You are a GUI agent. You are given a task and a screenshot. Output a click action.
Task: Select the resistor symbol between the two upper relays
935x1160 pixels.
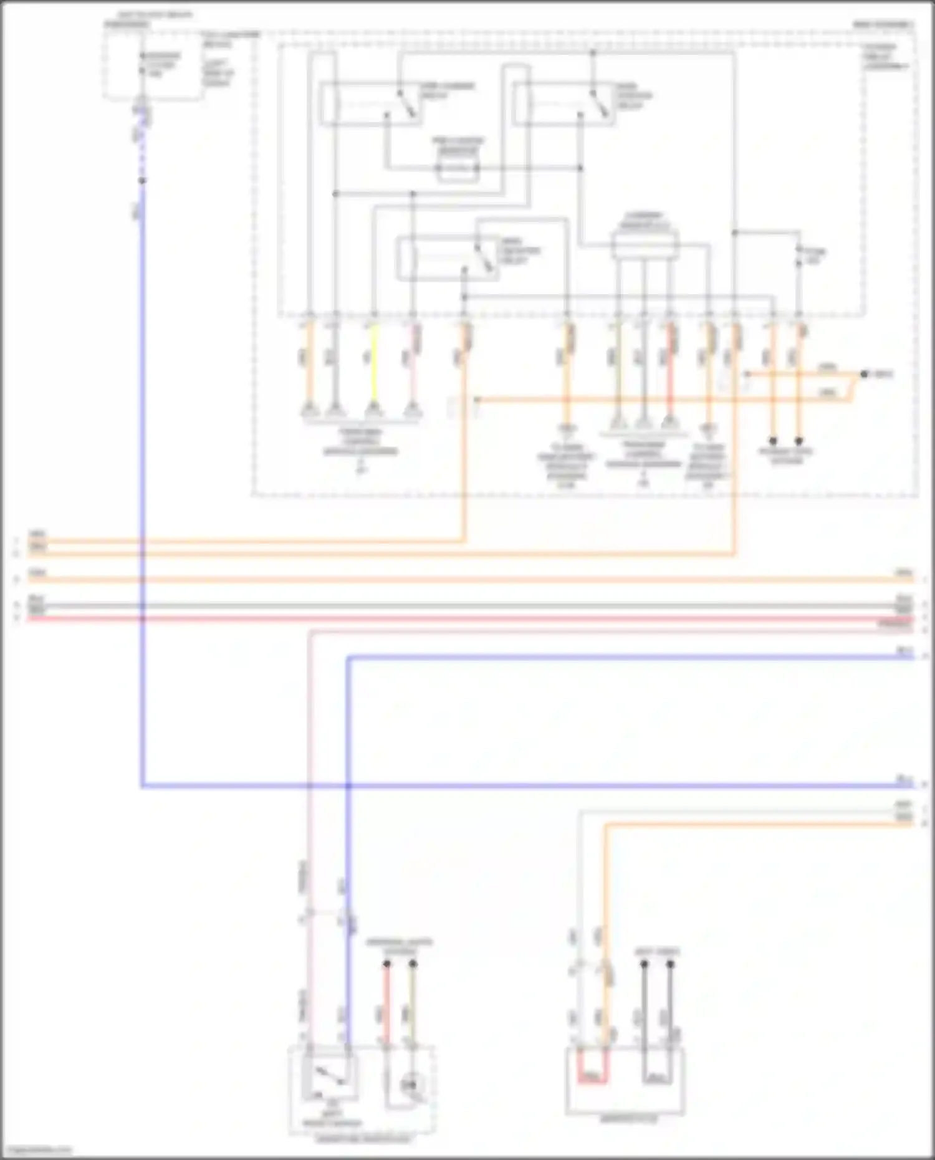pyautogui.click(x=458, y=168)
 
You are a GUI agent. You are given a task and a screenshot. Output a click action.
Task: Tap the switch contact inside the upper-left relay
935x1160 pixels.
pyautogui.click(x=408, y=104)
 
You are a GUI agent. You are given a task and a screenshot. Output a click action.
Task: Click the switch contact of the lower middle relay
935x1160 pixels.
pyautogui.click(x=483, y=257)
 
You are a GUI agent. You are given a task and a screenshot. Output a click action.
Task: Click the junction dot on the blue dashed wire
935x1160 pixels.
pyautogui.click(x=142, y=181)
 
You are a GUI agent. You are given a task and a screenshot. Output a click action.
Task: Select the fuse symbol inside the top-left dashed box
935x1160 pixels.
pyautogui.click(x=142, y=64)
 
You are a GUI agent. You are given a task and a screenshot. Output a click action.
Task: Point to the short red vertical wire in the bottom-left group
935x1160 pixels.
pyautogui.click(x=386, y=1004)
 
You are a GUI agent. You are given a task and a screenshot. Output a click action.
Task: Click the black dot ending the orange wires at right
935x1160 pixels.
pyautogui.click(x=864, y=375)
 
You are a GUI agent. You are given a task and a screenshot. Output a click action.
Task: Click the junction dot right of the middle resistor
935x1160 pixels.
pyautogui.click(x=580, y=168)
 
